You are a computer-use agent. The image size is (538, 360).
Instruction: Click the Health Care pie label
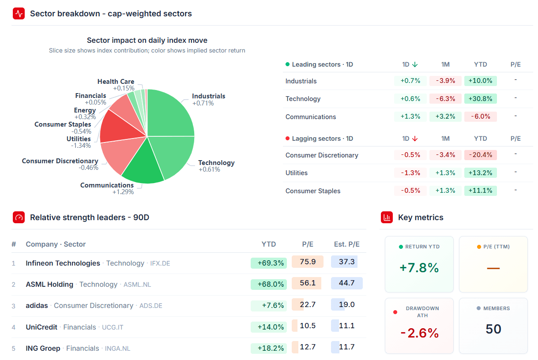[x=116, y=82]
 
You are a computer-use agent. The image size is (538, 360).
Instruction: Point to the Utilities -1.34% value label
[x=81, y=146]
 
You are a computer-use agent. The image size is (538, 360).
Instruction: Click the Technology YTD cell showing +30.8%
[x=480, y=99]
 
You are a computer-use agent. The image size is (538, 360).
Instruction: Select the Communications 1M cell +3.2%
[x=445, y=116]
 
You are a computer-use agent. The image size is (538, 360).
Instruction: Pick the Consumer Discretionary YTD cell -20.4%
[x=480, y=155]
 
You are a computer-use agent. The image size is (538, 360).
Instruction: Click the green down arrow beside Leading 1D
[x=415, y=64]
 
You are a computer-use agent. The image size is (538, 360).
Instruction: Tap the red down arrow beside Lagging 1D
[x=415, y=139]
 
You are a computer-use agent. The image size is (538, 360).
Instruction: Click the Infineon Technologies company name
[x=63, y=263]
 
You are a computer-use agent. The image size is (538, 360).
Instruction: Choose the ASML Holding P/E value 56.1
[x=308, y=283]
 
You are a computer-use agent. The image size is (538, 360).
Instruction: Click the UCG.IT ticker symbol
[x=113, y=327]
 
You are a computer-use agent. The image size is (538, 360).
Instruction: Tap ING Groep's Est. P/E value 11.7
[x=346, y=347]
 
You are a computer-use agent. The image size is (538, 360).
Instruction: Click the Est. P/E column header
[x=346, y=244]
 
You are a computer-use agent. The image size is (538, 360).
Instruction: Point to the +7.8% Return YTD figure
[x=419, y=268]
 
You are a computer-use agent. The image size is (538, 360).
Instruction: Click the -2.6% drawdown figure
[x=420, y=333]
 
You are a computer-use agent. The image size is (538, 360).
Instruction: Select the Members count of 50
[x=493, y=329]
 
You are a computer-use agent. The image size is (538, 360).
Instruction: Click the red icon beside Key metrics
[x=387, y=217]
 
